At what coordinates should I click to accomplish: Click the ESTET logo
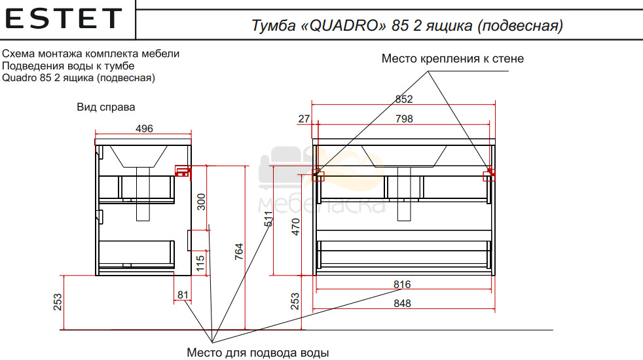[64, 19]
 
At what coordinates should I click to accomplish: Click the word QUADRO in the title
[344, 26]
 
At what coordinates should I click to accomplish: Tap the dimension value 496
[144, 128]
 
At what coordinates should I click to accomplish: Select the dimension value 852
[404, 99]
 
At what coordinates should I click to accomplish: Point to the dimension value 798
[404, 119]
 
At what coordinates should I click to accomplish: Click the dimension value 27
[304, 119]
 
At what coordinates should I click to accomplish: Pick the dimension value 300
[201, 202]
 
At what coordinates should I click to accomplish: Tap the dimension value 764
[239, 251]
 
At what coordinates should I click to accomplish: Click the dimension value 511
[268, 219]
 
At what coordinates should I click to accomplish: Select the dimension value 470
[296, 226]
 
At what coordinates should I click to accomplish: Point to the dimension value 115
[200, 263]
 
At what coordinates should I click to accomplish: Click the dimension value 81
[183, 295]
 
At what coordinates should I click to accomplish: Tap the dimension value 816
[402, 285]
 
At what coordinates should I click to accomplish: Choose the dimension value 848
[402, 304]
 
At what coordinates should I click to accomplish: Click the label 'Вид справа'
[106, 107]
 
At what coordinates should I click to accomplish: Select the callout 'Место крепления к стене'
[452, 59]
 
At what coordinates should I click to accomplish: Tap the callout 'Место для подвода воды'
[257, 353]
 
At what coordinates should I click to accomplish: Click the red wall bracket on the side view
[183, 171]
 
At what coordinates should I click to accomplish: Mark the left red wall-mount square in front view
[318, 175]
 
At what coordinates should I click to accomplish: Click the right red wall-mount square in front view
[489, 175]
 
